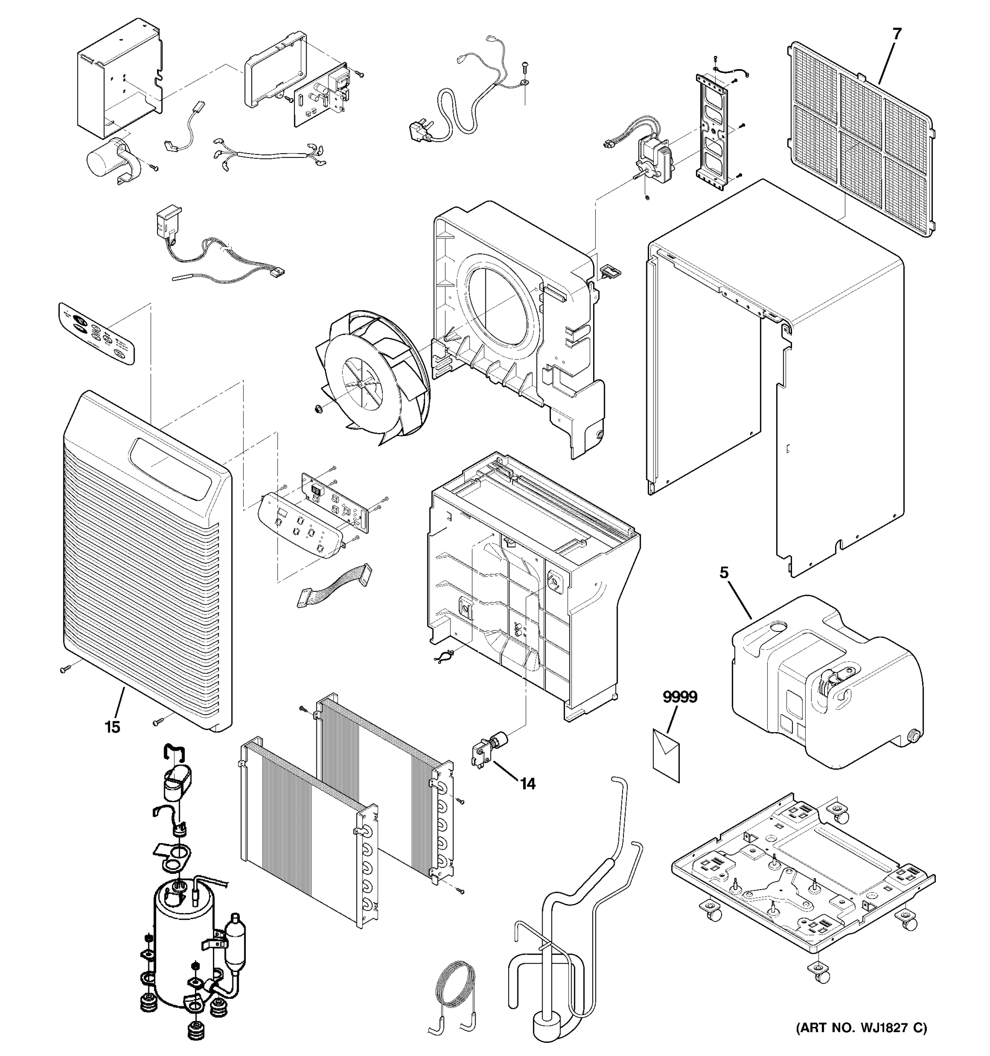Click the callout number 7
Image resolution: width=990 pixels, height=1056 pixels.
coord(897,34)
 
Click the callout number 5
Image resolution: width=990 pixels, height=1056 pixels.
coord(724,572)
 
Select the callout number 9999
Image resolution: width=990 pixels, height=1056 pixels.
coord(680,697)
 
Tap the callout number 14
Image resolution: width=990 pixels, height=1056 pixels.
coord(528,784)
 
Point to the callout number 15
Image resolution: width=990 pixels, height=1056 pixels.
coord(113,727)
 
